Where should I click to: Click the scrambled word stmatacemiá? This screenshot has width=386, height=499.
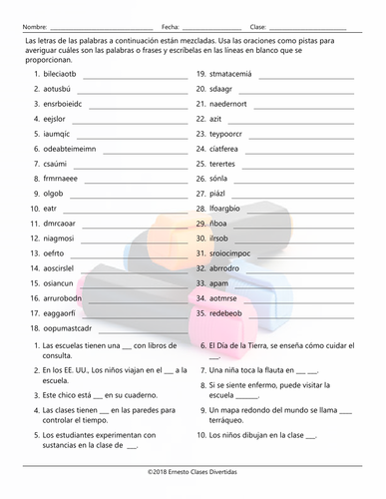(x=238, y=75)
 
